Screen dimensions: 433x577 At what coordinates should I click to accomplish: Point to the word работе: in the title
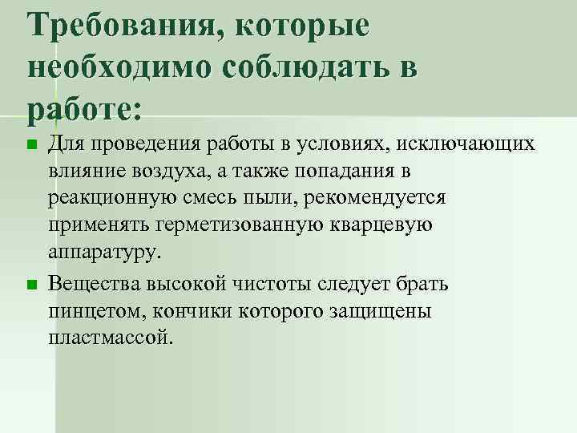click(x=83, y=108)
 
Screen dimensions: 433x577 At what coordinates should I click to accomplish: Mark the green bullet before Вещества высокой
click(x=31, y=285)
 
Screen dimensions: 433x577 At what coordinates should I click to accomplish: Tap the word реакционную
click(x=107, y=198)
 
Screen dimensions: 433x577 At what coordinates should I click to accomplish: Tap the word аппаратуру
click(x=104, y=253)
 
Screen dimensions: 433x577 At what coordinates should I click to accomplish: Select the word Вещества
click(x=92, y=284)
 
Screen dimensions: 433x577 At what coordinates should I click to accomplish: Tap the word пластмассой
click(x=110, y=338)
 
